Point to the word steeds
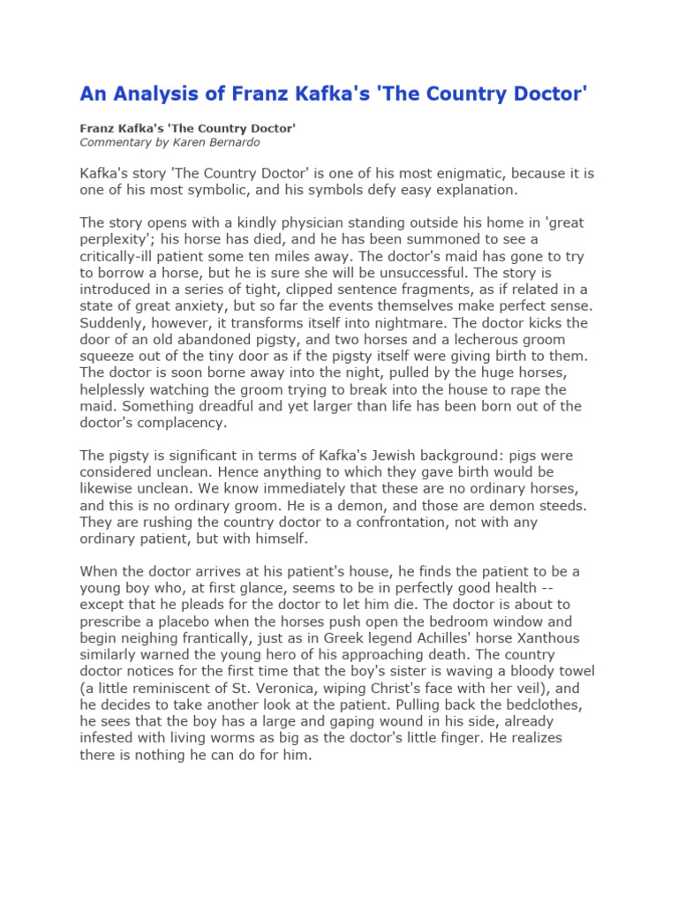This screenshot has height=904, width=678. [x=562, y=506]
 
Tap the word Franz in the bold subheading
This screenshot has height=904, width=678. [x=98, y=128]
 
